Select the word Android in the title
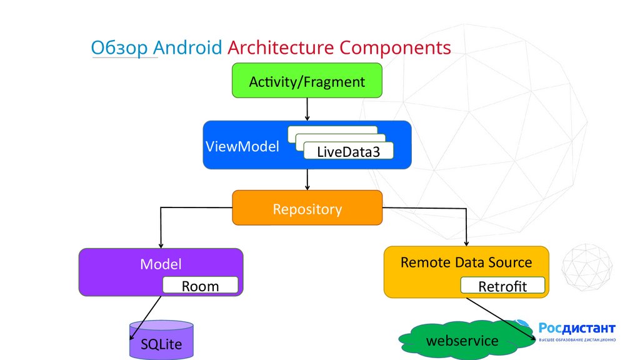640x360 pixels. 187,48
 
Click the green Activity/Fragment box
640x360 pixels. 307,81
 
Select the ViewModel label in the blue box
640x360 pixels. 242,148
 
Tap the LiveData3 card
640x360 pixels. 348,151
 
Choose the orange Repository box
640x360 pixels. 307,208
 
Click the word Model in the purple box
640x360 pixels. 161,264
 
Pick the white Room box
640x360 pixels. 200,286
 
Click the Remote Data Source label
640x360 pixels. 466,262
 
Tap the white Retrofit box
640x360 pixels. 502,286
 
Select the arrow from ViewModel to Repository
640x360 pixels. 307,180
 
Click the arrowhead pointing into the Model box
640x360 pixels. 161,244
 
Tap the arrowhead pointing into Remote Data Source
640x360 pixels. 466,242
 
